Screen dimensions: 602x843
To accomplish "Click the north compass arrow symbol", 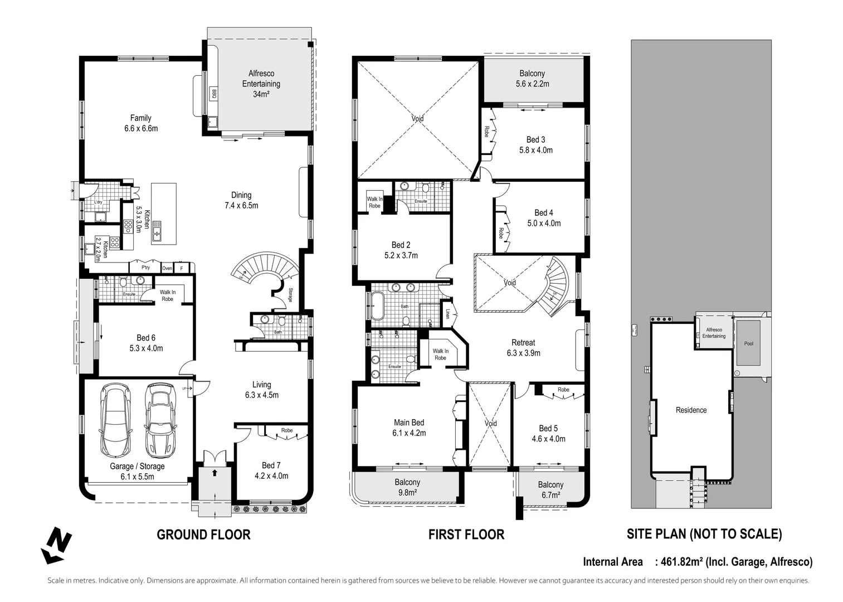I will tap(56, 545).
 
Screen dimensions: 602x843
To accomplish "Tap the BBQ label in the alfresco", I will tap(213, 94).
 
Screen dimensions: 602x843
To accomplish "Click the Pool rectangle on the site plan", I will tap(748, 343).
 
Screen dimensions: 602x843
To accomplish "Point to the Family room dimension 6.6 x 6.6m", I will tap(141, 128).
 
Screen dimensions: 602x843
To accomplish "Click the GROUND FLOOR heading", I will tap(203, 535).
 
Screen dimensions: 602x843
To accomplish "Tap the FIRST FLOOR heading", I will tap(466, 535).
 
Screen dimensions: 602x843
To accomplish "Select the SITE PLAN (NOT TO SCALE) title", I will tap(704, 534).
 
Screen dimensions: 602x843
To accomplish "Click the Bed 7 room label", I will tap(271, 465).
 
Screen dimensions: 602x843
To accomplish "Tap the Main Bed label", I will tap(409, 423).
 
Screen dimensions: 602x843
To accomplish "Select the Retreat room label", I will tap(523, 343).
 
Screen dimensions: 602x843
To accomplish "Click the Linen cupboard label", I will tap(447, 314).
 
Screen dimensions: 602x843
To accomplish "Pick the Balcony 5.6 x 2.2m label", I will tap(532, 79).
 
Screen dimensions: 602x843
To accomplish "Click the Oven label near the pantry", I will tap(167, 268).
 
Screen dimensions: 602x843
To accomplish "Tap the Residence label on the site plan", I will tap(691, 410).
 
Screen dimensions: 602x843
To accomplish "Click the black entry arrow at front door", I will tap(215, 473).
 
